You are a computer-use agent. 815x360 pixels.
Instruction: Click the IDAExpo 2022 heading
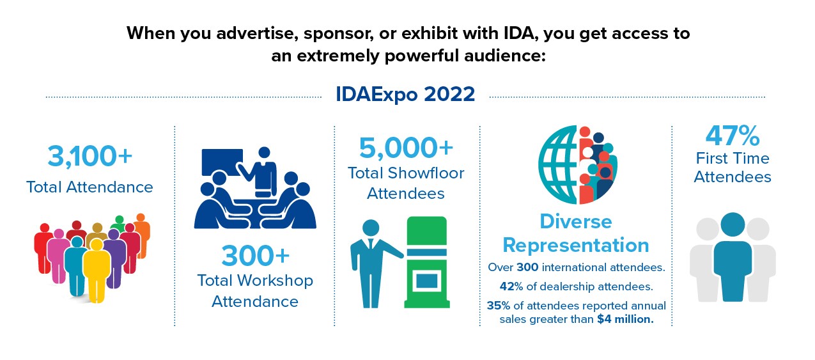[405, 94]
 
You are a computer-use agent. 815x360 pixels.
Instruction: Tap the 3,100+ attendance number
[89, 157]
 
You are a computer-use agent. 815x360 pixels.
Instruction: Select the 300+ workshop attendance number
[256, 256]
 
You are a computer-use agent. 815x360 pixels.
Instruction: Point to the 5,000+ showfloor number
[406, 148]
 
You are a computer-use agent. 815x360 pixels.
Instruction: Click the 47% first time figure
[733, 136]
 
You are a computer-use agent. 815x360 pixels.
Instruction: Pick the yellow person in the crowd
[97, 270]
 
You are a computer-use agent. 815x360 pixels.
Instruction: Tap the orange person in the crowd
[142, 235]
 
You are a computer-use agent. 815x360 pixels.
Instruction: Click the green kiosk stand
[427, 262]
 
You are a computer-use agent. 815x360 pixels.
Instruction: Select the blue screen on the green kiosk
[426, 281]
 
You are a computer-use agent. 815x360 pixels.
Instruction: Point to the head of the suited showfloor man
[371, 228]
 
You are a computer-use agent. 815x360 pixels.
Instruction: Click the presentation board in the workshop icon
[222, 162]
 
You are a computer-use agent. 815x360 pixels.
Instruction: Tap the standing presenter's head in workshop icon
[264, 153]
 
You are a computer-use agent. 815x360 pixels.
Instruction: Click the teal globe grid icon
[557, 164]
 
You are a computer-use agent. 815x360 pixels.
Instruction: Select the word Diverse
[575, 222]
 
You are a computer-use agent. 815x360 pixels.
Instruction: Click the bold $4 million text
[625, 319]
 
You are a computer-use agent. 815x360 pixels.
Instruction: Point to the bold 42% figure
[511, 286]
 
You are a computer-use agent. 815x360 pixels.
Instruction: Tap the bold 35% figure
[499, 306]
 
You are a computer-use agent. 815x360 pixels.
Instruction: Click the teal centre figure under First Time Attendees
[733, 257]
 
